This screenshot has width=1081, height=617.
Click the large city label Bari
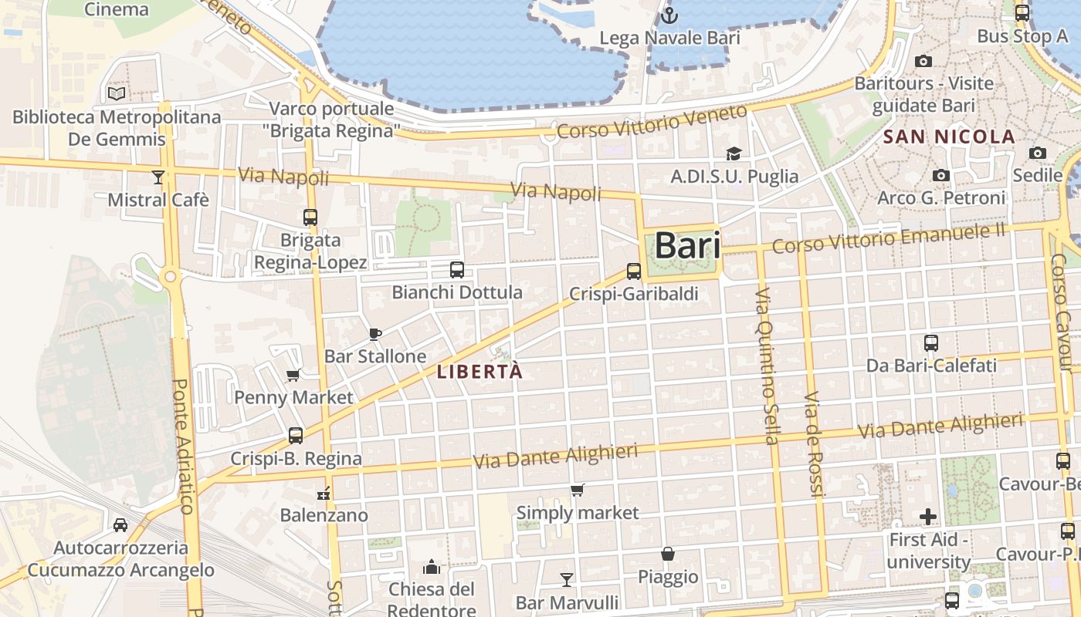click(x=687, y=246)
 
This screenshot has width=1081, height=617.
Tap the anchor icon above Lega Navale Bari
click(x=669, y=15)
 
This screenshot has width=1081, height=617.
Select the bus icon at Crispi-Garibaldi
click(x=634, y=271)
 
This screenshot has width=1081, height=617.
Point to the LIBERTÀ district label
click(x=480, y=372)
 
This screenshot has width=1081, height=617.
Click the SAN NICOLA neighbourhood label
click(x=949, y=137)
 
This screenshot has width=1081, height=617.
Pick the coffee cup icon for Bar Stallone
click(x=375, y=334)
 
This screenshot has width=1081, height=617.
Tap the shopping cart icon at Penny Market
click(x=293, y=376)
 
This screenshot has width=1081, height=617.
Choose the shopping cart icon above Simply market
click(x=577, y=490)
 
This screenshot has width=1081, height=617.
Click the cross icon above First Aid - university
click(x=928, y=516)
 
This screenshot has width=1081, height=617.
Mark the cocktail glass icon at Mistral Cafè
click(x=158, y=177)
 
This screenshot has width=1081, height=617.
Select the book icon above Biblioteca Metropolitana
click(x=117, y=93)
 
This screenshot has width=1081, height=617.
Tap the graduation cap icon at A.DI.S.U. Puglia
click(x=734, y=154)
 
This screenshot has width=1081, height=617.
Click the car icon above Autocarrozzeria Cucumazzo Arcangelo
click(x=120, y=525)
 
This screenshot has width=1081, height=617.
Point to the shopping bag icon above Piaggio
click(x=668, y=554)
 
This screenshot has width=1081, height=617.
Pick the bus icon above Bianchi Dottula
click(x=457, y=270)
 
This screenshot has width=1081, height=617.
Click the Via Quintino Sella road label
click(x=766, y=366)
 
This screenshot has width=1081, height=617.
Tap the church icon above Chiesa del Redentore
click(x=431, y=568)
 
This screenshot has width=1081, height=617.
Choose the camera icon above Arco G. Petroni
click(x=940, y=176)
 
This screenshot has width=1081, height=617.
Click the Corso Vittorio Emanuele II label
click(x=888, y=238)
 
